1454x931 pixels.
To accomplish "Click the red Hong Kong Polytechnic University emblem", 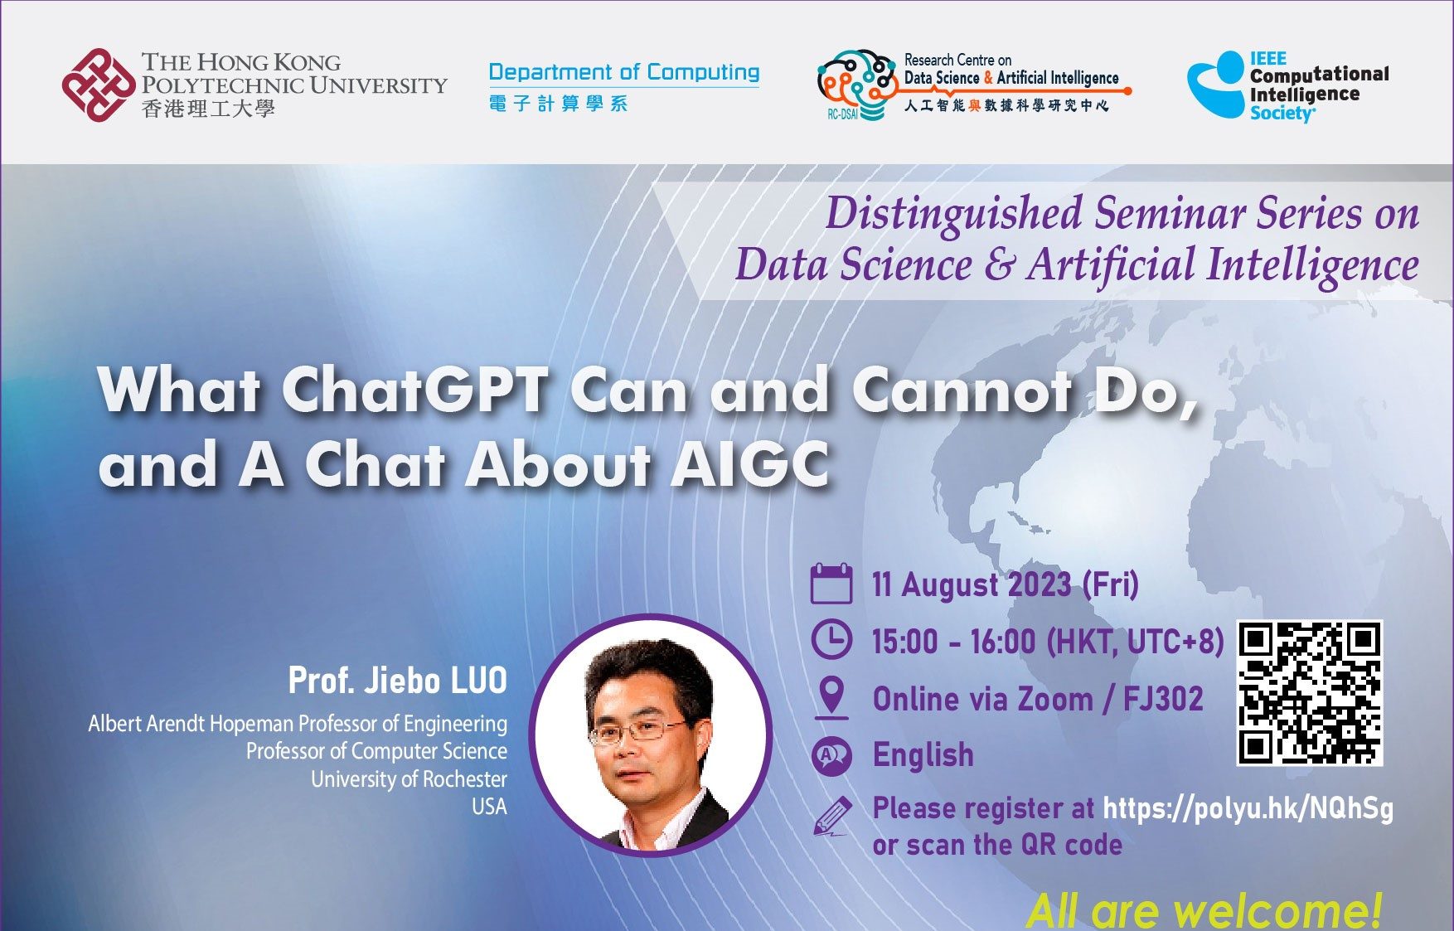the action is (x=99, y=84).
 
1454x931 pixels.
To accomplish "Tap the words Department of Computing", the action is (x=624, y=72).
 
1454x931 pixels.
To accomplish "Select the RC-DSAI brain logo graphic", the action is (x=857, y=85).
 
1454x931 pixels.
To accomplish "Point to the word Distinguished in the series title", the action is (x=953, y=214).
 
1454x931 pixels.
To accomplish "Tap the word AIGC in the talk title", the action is (x=749, y=464).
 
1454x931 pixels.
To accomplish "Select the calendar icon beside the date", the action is (x=831, y=584).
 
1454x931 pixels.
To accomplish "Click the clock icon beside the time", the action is (x=831, y=640).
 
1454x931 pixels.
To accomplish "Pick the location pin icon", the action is (x=831, y=697).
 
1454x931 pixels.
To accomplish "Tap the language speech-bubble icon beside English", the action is (x=831, y=755).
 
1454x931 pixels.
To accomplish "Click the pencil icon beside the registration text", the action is (x=832, y=816).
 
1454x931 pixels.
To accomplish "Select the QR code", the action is (x=1310, y=693).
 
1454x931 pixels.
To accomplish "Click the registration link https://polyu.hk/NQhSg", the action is (x=1248, y=808).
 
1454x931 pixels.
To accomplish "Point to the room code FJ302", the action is (x=1162, y=699).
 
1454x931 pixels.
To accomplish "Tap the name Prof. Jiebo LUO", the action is (x=397, y=681).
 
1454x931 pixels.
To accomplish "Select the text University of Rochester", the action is (x=409, y=779).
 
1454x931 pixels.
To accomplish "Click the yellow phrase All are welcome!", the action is (x=1204, y=910).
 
